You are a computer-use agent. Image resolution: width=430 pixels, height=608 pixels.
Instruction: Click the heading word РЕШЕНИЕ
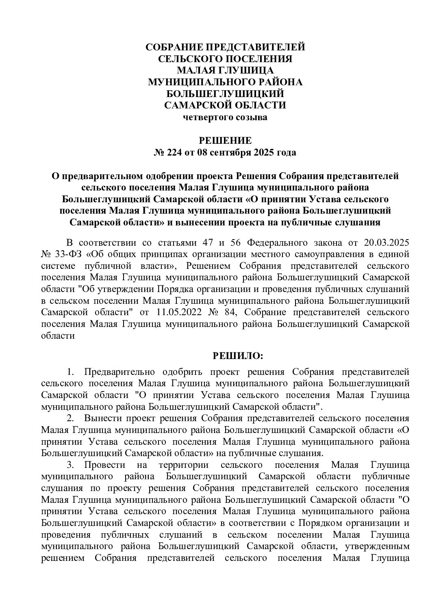225,141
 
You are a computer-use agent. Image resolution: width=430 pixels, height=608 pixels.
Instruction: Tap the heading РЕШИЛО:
238,356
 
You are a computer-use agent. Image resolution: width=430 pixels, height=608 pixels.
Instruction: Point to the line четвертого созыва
225,118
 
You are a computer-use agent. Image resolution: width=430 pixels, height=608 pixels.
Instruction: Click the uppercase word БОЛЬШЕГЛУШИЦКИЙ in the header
225,94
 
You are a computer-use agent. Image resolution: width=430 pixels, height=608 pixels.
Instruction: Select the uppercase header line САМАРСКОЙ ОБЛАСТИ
225,106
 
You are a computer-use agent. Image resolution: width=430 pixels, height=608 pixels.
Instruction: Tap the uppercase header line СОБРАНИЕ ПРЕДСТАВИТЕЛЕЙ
225,47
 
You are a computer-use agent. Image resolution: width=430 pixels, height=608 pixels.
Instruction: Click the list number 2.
70,418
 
